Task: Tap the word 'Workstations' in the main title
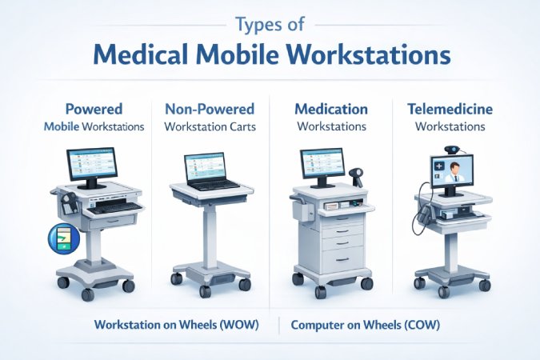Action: pyautogui.click(x=366, y=56)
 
